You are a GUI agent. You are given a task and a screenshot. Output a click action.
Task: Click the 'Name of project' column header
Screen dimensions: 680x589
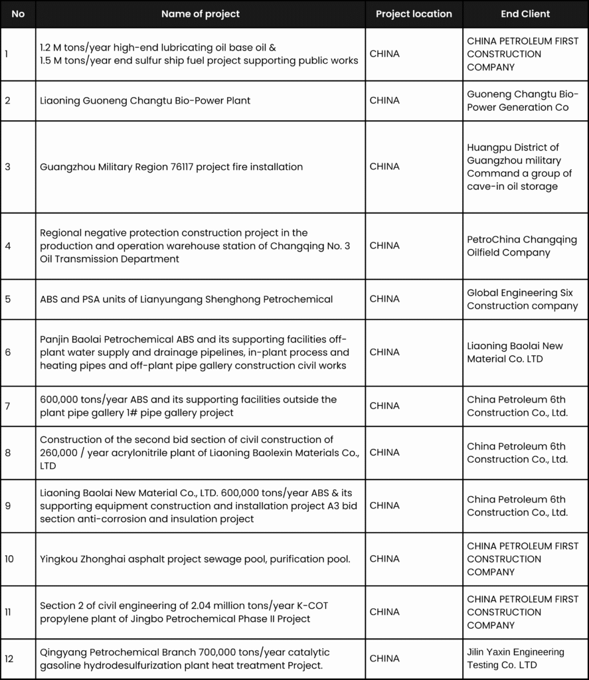(x=200, y=14)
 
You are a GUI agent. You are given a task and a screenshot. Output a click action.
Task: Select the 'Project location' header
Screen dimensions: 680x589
(x=414, y=14)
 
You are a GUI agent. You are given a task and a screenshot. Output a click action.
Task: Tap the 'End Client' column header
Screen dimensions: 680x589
(x=525, y=14)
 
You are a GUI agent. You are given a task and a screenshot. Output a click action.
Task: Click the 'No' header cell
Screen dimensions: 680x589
(x=18, y=14)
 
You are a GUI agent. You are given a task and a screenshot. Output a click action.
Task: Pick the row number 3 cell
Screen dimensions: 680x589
(x=8, y=167)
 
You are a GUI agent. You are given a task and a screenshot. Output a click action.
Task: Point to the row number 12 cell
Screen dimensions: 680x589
(x=9, y=659)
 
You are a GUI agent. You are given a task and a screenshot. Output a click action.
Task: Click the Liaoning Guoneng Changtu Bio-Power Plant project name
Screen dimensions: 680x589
(x=145, y=100)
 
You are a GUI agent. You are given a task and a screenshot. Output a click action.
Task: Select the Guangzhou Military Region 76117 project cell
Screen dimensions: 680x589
(x=171, y=167)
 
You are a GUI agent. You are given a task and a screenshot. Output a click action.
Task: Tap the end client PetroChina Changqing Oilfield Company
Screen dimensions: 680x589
(x=522, y=246)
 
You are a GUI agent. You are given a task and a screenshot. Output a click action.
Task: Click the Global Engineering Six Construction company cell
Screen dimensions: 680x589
(x=522, y=299)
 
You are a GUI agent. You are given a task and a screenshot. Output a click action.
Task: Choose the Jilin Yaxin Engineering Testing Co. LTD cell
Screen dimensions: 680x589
(x=515, y=658)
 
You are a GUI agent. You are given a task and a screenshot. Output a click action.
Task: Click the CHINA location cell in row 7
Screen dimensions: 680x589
(x=384, y=406)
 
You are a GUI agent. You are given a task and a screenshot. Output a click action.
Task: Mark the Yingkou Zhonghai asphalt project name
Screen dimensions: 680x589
(x=195, y=558)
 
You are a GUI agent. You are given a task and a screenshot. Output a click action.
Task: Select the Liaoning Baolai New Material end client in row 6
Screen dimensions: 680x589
(x=515, y=352)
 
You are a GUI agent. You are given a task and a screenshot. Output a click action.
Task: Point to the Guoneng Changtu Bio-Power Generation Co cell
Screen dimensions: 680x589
(x=523, y=100)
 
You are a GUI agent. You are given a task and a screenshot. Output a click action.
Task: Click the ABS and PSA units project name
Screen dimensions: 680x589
(x=186, y=299)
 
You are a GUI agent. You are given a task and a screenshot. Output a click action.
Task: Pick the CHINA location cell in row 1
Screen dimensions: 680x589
(x=384, y=54)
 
